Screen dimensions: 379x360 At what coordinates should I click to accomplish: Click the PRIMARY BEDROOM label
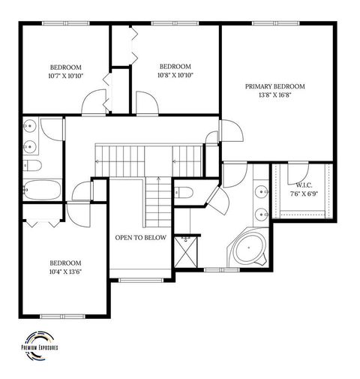pyautogui.click(x=277, y=87)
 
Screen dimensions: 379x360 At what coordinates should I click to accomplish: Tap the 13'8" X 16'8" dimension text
pyautogui.click(x=277, y=95)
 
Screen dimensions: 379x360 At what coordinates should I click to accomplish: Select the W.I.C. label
pyautogui.click(x=304, y=184)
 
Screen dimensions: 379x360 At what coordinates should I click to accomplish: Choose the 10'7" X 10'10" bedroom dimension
pyautogui.click(x=65, y=75)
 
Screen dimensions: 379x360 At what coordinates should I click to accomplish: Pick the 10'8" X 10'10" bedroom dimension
pyautogui.click(x=175, y=75)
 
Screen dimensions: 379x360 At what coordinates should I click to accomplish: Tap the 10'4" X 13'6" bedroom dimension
pyautogui.click(x=65, y=271)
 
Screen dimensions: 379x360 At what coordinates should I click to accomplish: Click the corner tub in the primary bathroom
pyautogui.click(x=247, y=249)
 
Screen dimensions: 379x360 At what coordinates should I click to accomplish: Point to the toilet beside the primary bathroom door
pyautogui.click(x=185, y=191)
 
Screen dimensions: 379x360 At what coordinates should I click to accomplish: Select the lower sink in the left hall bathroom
pyautogui.click(x=29, y=146)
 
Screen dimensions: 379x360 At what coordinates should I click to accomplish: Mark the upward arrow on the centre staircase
pyautogui.click(x=160, y=179)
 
